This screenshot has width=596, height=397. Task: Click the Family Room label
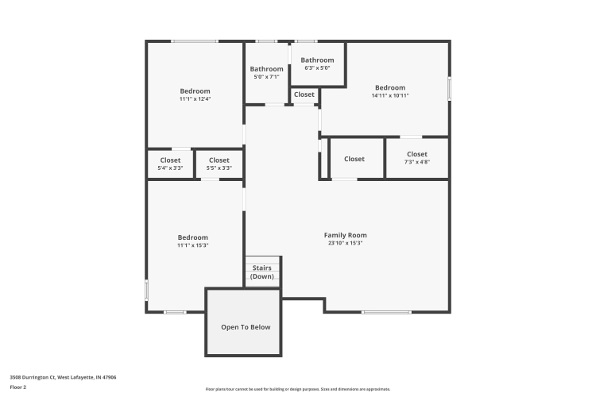pyautogui.click(x=345, y=235)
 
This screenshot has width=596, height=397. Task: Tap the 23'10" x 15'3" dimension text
pyautogui.click(x=345, y=243)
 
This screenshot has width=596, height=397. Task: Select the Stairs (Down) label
pyautogui.click(x=262, y=272)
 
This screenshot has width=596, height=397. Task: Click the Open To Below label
pyautogui.click(x=246, y=327)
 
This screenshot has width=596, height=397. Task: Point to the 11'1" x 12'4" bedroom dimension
pyautogui.click(x=195, y=99)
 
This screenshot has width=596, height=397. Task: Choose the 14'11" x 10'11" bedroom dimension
pyautogui.click(x=390, y=96)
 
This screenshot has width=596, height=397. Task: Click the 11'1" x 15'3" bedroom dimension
pyautogui.click(x=193, y=245)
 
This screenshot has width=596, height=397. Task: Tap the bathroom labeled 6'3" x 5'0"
pyautogui.click(x=317, y=64)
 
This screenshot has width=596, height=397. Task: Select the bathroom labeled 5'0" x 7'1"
pyautogui.click(x=266, y=72)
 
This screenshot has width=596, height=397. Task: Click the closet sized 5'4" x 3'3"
pyautogui.click(x=170, y=164)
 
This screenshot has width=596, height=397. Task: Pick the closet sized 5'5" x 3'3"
pyautogui.click(x=219, y=164)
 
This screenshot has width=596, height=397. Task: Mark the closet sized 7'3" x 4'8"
pyautogui.click(x=417, y=158)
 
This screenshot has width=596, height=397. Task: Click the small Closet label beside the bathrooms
pyautogui.click(x=304, y=94)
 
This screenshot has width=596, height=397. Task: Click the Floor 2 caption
pyautogui.click(x=17, y=387)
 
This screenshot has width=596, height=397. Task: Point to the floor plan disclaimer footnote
pyautogui.click(x=298, y=389)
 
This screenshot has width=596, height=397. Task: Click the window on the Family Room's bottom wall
pyautogui.click(x=386, y=312)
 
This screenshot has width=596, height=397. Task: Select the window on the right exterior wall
pyautogui.click(x=449, y=89)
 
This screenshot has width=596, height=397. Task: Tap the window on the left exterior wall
pyautogui.click(x=147, y=291)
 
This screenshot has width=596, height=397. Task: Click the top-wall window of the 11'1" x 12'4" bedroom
pyautogui.click(x=194, y=41)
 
